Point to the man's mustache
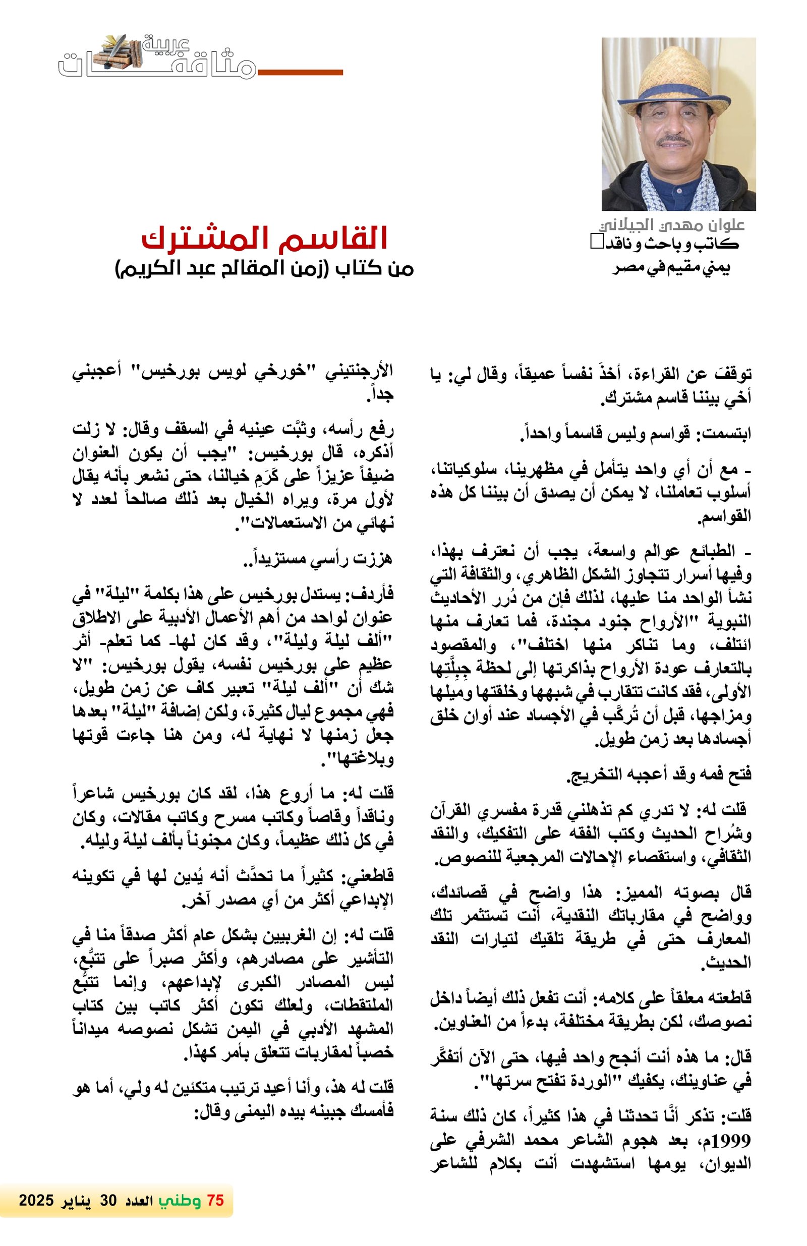675,140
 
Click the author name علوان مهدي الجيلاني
671,225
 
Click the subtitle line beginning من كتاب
264,269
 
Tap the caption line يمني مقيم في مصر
671,268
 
